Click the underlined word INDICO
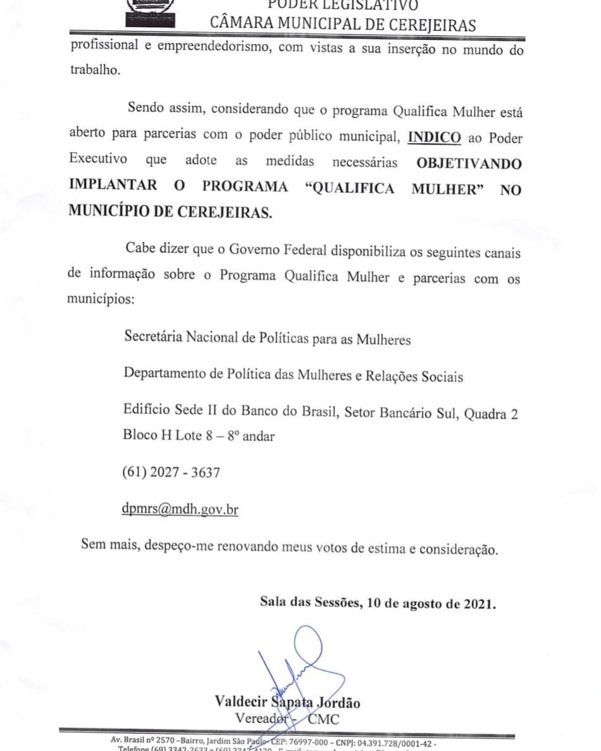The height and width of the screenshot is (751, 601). pyautogui.click(x=435, y=138)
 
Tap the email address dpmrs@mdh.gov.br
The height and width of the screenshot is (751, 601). pyautogui.click(x=181, y=509)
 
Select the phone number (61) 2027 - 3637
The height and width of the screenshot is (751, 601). pyautogui.click(x=172, y=472)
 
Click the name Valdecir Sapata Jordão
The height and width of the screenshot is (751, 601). pyautogui.click(x=288, y=702)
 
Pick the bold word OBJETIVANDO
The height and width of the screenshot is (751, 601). pyautogui.click(x=469, y=163)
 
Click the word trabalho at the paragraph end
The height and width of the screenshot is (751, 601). pyautogui.click(x=94, y=70)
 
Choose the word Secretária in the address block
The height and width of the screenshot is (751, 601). pyautogui.click(x=153, y=339)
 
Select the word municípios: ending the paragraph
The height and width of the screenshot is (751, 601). pyautogui.click(x=101, y=298)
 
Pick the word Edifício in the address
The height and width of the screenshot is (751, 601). pyautogui.click(x=147, y=411)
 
